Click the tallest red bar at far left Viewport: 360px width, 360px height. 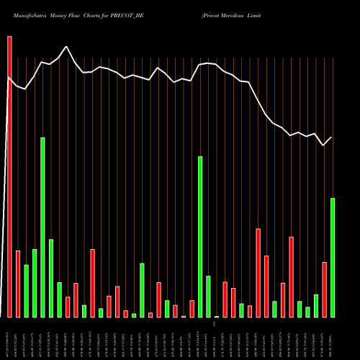(x=9, y=176)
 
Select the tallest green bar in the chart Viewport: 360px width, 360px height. (x=42, y=227)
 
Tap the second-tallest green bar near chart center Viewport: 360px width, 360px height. (x=200, y=237)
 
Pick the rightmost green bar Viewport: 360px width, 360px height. (x=333, y=257)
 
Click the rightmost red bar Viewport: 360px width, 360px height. (x=324, y=289)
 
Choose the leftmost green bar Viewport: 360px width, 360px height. (x=26, y=291)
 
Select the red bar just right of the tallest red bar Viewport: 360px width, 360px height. (x=18, y=284)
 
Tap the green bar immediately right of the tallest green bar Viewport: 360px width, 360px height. (x=51, y=278)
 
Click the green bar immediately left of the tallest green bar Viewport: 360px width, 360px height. (x=35, y=283)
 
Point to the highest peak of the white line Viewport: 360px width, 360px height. (x=67, y=47)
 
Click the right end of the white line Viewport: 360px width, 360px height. (x=332, y=137)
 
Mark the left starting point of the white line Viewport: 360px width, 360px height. (x=8, y=77)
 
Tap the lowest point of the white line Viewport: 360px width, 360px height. (x=324, y=145)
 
